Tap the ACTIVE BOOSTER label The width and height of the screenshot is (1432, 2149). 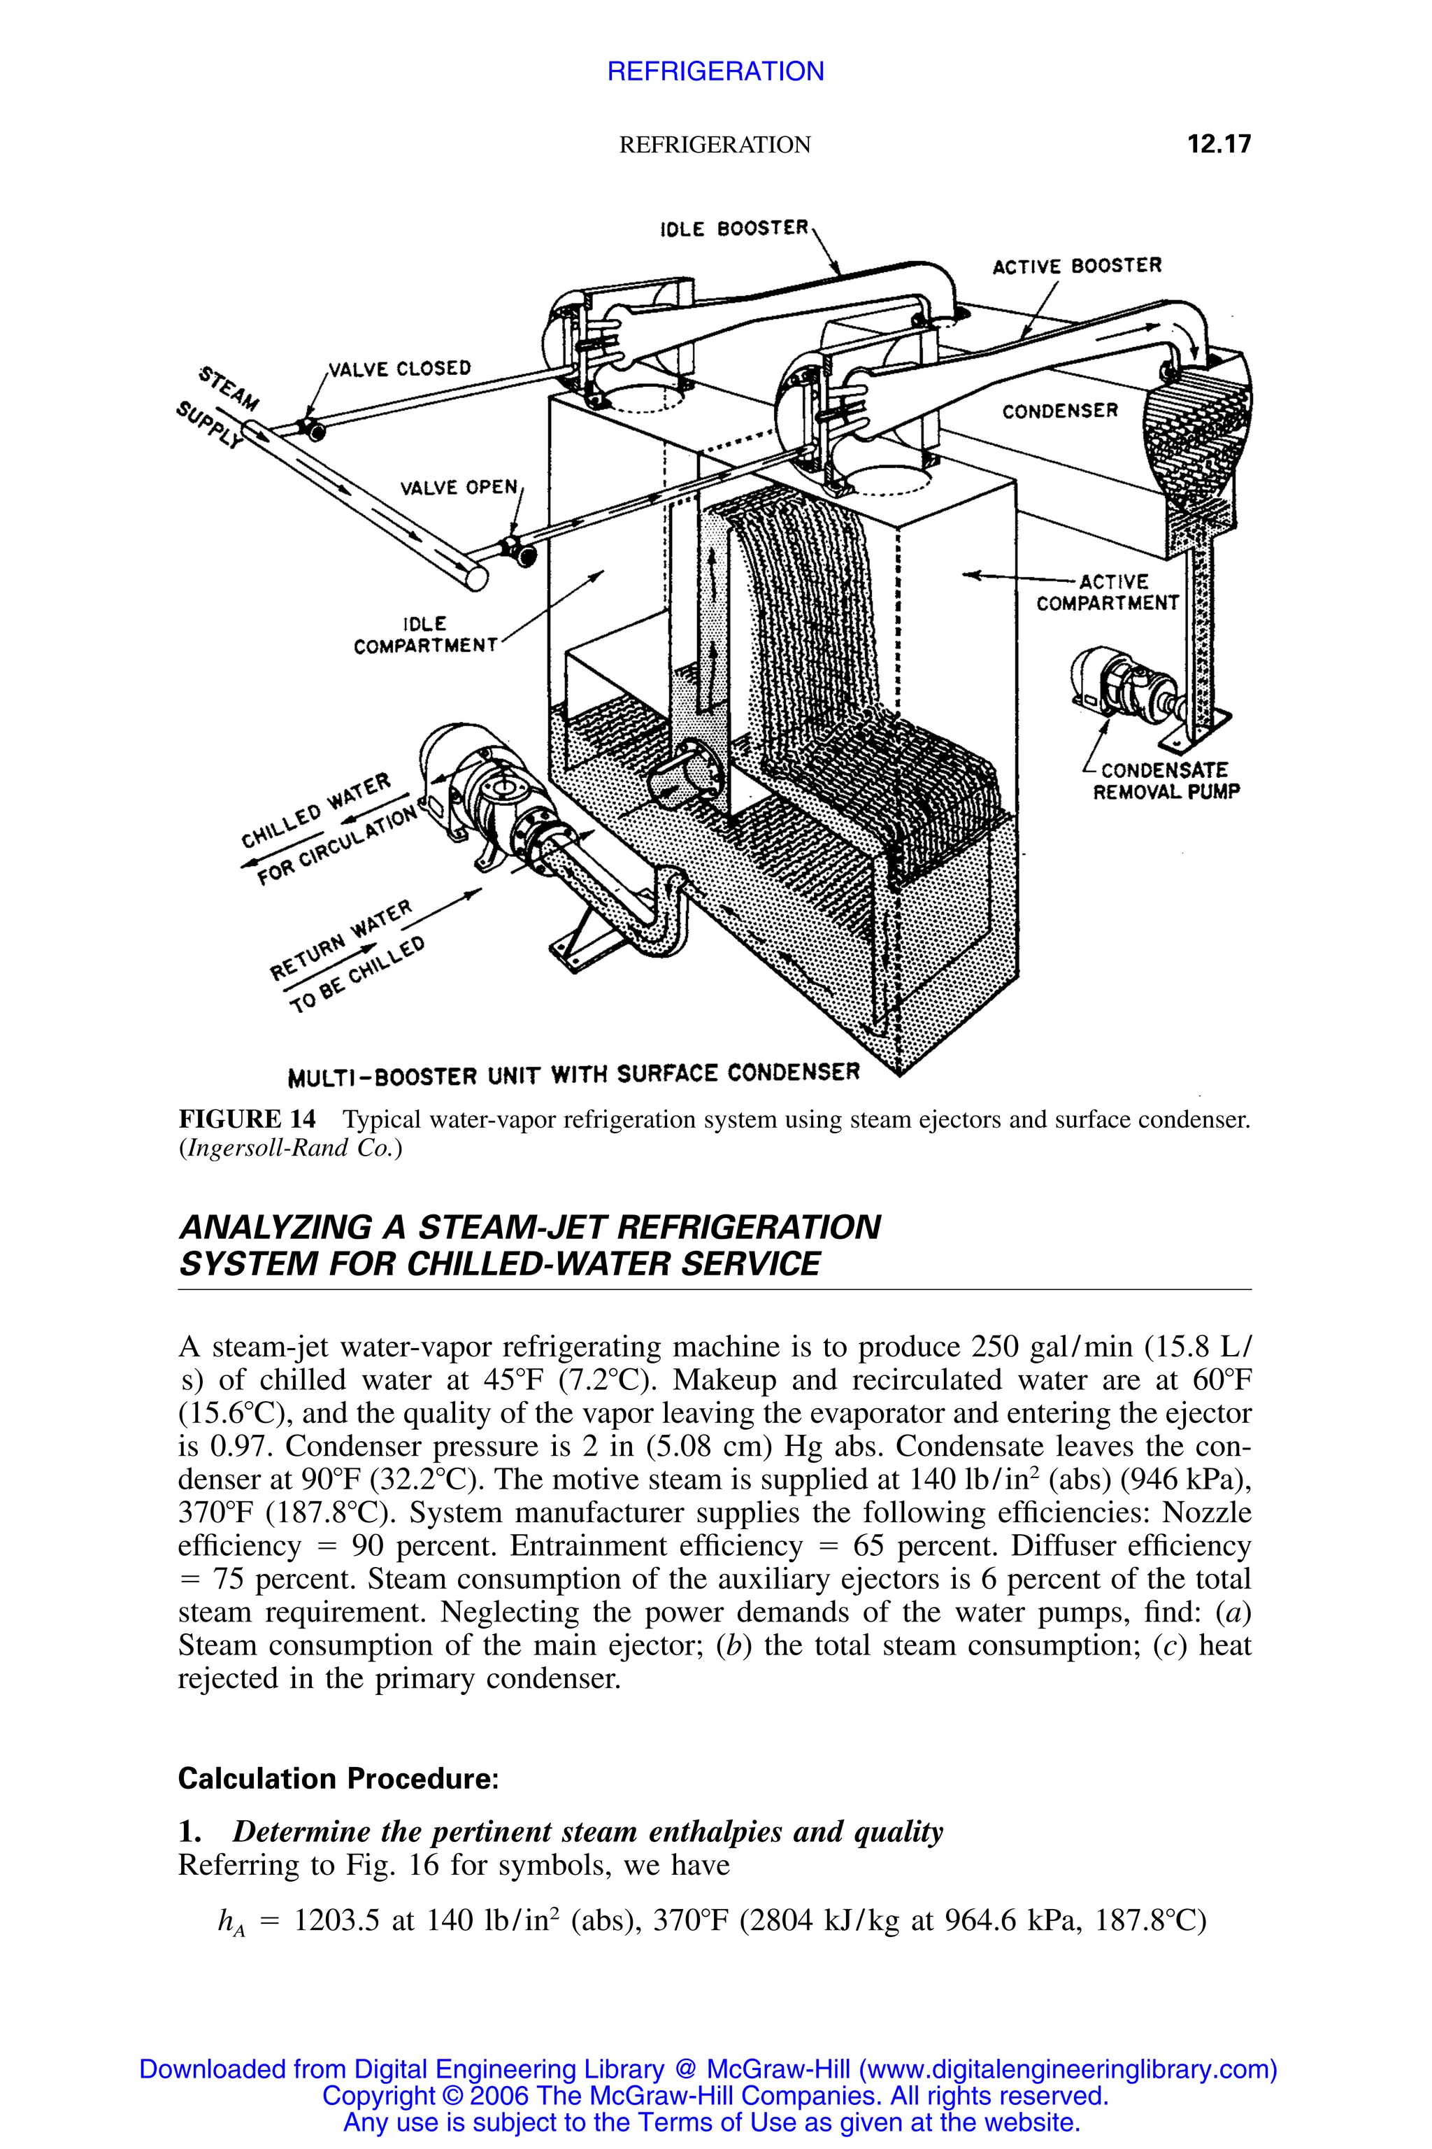coord(1077,266)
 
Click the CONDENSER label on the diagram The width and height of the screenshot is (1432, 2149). coord(1059,411)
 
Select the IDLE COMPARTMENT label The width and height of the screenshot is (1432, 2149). coord(424,635)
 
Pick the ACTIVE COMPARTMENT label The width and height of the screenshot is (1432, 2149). coord(1107,592)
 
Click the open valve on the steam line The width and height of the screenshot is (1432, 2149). coord(518,551)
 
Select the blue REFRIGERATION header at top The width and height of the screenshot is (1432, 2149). coord(715,71)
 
